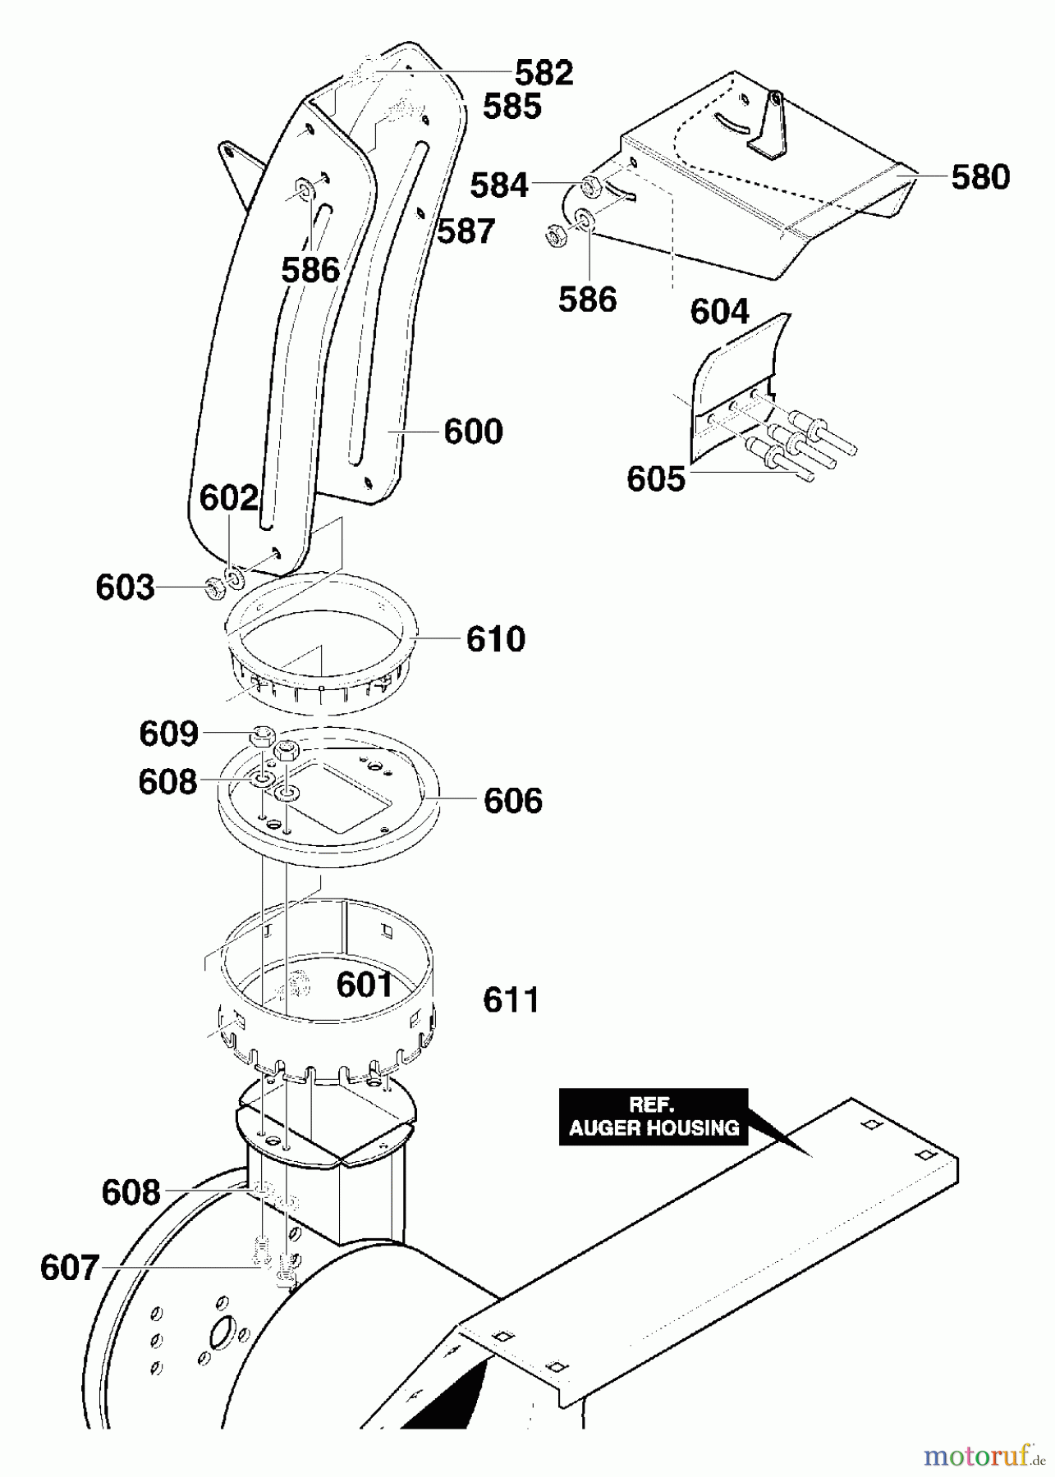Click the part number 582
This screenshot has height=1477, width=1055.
[x=543, y=73]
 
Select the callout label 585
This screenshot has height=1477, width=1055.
[x=511, y=107]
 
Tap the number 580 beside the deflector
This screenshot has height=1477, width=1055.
[x=979, y=177]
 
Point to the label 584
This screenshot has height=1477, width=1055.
[x=498, y=186]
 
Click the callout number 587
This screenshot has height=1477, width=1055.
[x=466, y=231]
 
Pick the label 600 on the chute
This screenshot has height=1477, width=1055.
[x=473, y=432]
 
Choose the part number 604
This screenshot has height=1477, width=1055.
[x=719, y=312]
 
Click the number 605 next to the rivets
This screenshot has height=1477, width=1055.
[x=655, y=479]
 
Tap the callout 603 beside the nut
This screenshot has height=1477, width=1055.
[x=125, y=588]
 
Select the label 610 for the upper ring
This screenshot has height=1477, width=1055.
[x=495, y=639]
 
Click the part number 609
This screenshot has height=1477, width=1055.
[x=168, y=734]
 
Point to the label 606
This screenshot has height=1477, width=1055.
[x=513, y=800]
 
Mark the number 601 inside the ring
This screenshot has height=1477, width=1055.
[x=365, y=985]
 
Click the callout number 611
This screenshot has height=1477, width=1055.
[x=511, y=1000]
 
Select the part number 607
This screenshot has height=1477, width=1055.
[x=69, y=1269]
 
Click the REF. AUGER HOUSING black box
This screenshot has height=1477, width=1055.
[x=654, y=1116]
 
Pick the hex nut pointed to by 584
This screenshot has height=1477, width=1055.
[x=590, y=186]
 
